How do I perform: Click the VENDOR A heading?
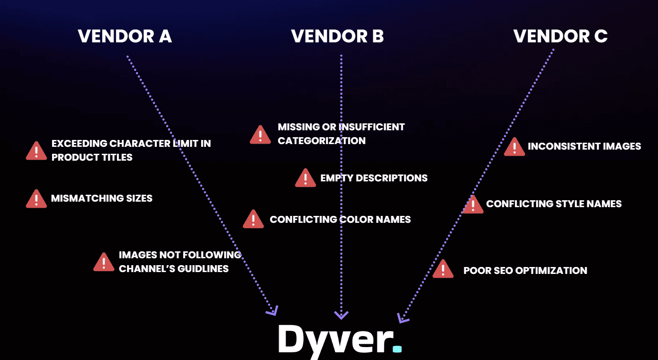pos(125,36)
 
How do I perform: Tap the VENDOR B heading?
pos(338,36)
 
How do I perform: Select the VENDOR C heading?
pos(560,36)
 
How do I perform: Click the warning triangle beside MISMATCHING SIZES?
pos(36,199)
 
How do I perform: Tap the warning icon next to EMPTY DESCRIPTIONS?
pos(306,178)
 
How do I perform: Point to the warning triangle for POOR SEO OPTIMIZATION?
pos(443,268)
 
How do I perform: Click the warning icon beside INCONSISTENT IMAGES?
pos(514,147)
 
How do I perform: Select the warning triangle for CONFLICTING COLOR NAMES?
pos(253,219)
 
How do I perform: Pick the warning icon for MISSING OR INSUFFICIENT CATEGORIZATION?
pos(260,134)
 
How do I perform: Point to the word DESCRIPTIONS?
pos(392,178)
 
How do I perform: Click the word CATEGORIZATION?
pos(322,141)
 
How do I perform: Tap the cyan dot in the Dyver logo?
pos(397,349)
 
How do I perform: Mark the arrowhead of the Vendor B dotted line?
pos(341,315)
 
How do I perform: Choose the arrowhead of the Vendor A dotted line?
pos(273,312)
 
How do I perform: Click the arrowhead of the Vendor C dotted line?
pos(402,318)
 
